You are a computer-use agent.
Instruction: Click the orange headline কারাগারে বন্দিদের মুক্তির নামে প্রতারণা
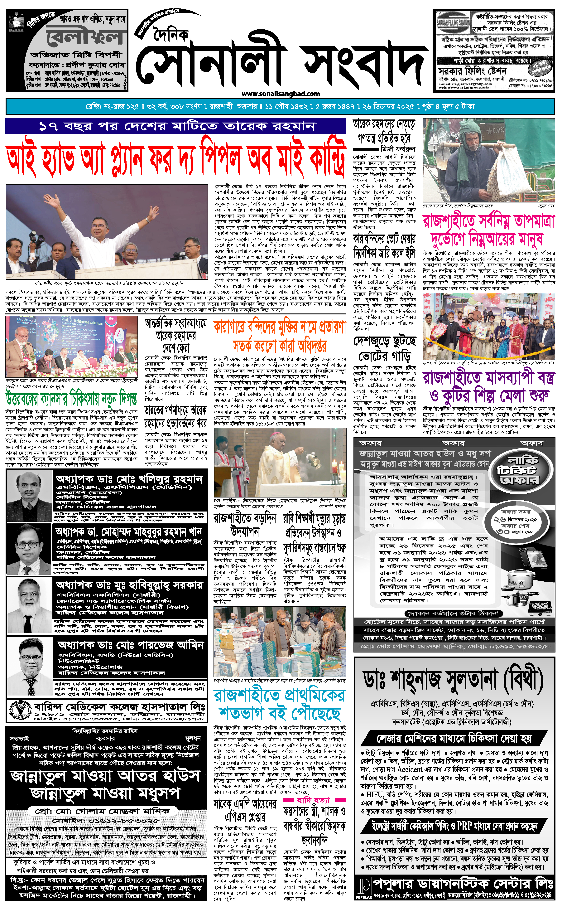[x=280, y=335]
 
